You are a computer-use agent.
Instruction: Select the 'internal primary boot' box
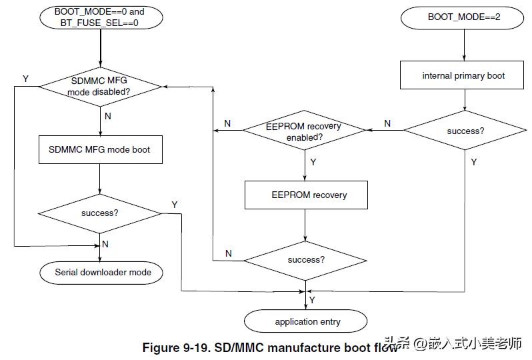coord(462,75)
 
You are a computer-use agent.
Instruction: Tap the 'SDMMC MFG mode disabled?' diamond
coord(101,87)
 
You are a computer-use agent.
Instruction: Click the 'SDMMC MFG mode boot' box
coord(101,149)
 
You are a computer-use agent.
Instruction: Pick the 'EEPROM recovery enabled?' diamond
coord(305,130)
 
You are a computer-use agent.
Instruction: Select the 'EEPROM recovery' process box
coord(306,195)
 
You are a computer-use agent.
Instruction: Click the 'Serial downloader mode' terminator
coord(101,273)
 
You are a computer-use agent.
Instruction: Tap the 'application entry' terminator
coord(306,321)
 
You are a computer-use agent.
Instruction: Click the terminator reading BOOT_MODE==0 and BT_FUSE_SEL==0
coord(101,17)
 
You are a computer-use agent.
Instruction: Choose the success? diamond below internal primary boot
coord(465,130)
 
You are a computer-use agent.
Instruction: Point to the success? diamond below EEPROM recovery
coord(305,261)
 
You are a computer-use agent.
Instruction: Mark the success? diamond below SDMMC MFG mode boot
coord(100,213)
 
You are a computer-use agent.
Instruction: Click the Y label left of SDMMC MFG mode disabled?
coord(25,79)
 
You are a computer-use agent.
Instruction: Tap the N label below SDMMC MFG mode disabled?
coord(108,116)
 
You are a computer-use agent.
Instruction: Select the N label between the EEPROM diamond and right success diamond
coord(387,123)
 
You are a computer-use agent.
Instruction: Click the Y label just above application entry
coord(312,300)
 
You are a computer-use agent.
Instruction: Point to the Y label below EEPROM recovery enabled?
coord(313,162)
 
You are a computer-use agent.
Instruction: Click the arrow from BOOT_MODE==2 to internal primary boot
coord(464,45)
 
